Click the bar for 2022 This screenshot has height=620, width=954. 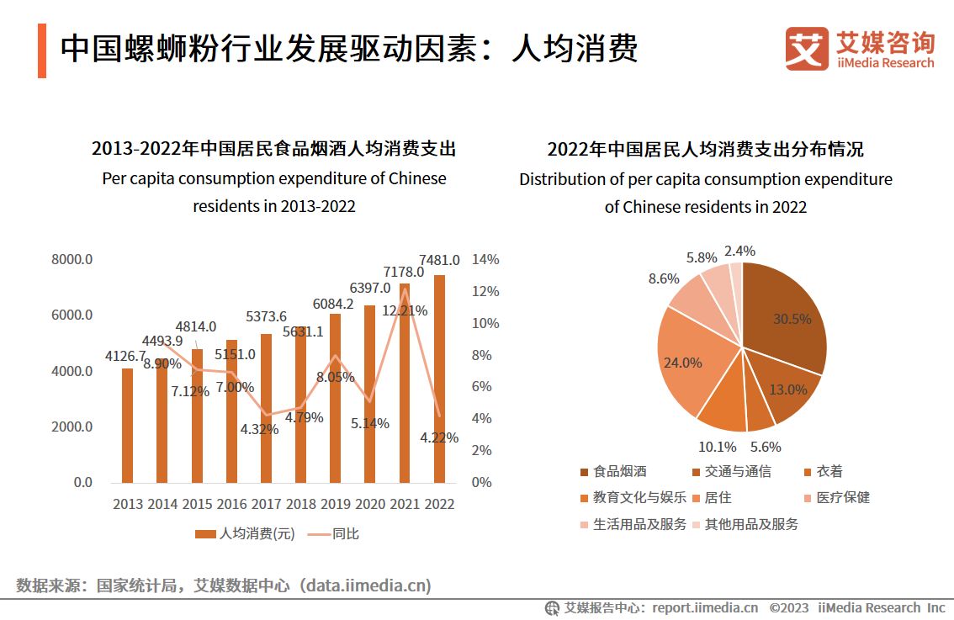tap(439, 379)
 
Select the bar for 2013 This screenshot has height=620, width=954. tap(128, 426)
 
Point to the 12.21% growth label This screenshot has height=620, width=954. tap(405, 310)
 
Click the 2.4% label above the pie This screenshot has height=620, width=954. tap(739, 251)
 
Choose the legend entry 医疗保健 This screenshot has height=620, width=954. tap(842, 497)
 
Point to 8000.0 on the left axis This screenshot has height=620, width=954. tap(72, 259)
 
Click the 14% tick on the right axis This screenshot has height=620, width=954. tap(485, 259)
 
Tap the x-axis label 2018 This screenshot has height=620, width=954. tap(300, 504)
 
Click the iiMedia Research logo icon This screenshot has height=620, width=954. tap(807, 50)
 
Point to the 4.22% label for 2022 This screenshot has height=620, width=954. tap(439, 437)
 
